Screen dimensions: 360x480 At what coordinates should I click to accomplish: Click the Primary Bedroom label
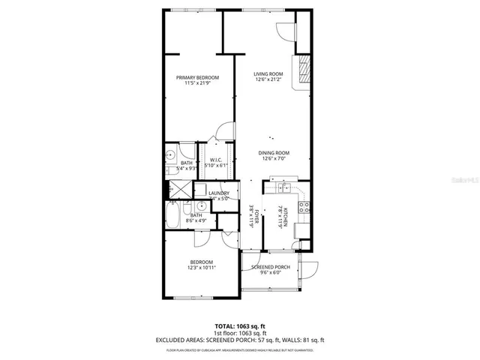pyautogui.click(x=197, y=79)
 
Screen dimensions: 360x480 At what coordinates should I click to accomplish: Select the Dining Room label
pyautogui.click(x=275, y=155)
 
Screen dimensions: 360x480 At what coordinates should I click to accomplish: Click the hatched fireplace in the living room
pyautogui.click(x=303, y=71)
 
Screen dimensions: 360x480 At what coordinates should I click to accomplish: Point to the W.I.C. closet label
pyautogui.click(x=215, y=162)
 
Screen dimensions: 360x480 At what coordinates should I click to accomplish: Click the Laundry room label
pyautogui.click(x=218, y=195)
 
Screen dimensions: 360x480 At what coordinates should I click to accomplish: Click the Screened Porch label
pyautogui.click(x=270, y=270)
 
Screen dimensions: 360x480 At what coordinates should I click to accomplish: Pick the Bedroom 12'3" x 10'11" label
pyautogui.click(x=202, y=265)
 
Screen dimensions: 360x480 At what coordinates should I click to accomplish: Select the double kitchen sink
pyautogui.click(x=286, y=187)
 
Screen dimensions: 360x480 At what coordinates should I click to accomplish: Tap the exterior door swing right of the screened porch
pyautogui.click(x=310, y=268)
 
